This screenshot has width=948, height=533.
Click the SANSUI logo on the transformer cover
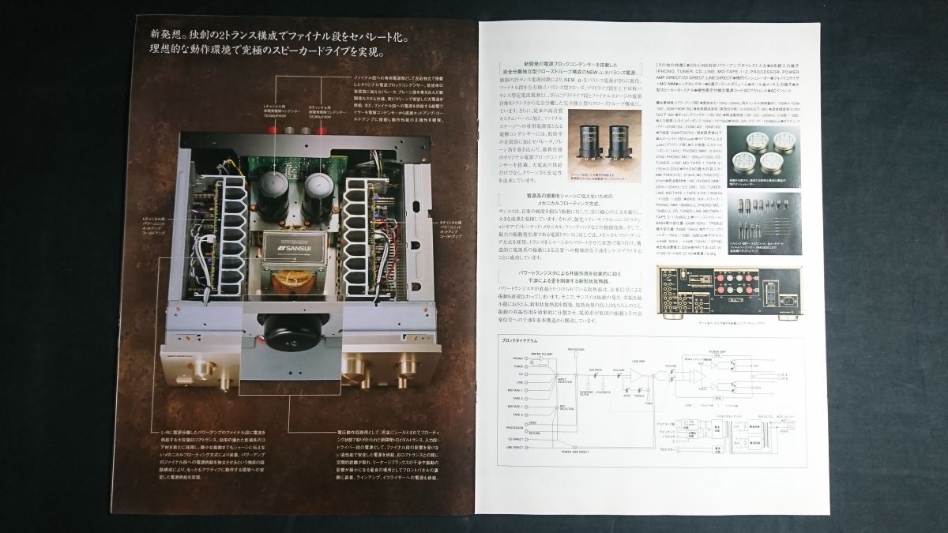coord(302,244)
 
